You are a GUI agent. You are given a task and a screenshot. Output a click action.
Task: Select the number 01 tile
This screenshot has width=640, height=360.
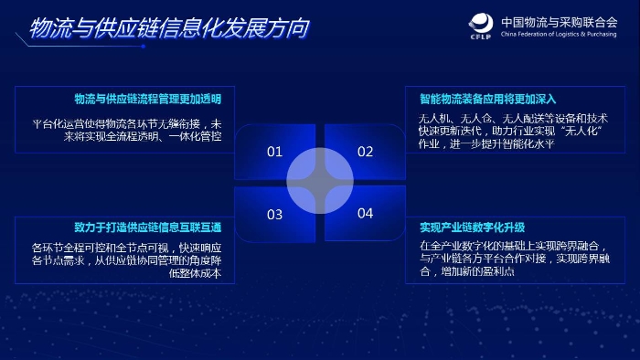(274, 152)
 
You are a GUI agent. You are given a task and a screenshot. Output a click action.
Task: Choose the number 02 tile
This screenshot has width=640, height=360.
(365, 152)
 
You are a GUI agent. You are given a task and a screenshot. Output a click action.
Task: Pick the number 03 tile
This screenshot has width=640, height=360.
(274, 215)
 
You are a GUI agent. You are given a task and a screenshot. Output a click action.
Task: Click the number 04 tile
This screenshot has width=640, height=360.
(365, 213)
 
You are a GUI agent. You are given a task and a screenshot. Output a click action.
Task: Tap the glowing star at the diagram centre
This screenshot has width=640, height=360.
(320, 182)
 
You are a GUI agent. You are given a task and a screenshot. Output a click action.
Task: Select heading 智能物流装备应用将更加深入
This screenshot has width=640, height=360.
(488, 98)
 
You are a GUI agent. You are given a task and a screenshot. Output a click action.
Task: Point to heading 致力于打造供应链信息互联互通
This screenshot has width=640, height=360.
(147, 227)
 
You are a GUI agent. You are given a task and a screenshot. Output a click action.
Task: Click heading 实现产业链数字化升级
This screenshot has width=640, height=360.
(472, 227)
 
